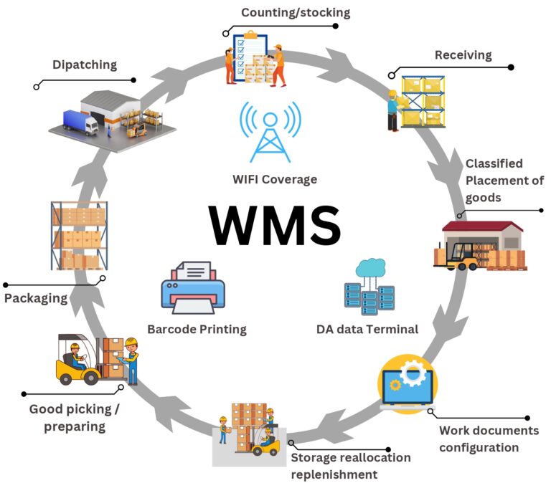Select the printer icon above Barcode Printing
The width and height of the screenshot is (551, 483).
coord(192,288)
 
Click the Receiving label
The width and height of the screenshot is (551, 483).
coord(463,55)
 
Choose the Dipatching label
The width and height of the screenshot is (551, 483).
coord(84,64)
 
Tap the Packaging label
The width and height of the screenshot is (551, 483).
coord(36,297)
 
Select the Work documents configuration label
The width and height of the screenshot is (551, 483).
coord(479,439)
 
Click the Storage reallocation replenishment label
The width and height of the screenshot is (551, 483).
coord(350,466)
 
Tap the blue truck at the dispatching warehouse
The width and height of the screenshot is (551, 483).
coord(80,123)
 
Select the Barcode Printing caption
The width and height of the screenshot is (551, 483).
coord(197,330)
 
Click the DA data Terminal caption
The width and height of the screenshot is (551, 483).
coord(367,330)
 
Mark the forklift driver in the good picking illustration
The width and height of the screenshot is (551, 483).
coord(74,355)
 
